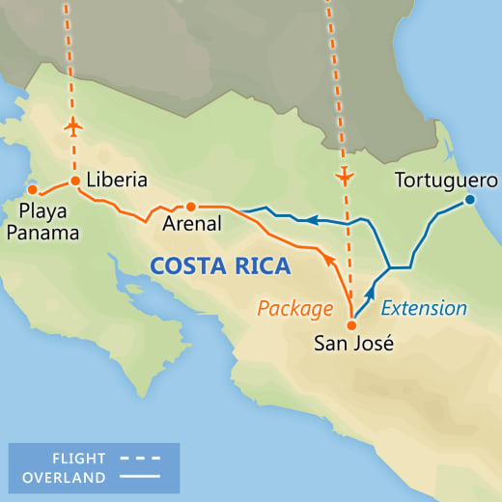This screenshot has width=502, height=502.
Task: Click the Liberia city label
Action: pyautogui.click(x=116, y=181)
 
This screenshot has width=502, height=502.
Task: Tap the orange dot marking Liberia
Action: pyautogui.click(x=74, y=181)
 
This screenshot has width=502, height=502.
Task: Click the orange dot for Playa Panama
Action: pyautogui.click(x=32, y=188)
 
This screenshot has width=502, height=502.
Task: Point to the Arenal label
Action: pyautogui.click(x=194, y=223)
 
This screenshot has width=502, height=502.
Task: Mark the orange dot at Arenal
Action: pyautogui.click(x=191, y=207)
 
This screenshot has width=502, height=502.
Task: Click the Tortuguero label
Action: pyautogui.click(x=446, y=181)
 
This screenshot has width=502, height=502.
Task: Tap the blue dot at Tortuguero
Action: pyautogui.click(x=470, y=200)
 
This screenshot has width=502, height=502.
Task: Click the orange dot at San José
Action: pyautogui.click(x=350, y=312)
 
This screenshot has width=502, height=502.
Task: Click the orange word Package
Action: pyautogui.click(x=294, y=309)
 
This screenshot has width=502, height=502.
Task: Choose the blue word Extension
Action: pyautogui.click(x=425, y=309)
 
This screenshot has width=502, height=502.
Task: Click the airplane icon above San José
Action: pyautogui.click(x=343, y=177)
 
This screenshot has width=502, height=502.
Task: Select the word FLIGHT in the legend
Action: pyautogui.click(x=80, y=459)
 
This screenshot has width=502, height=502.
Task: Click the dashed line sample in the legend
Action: pyautogui.click(x=140, y=459)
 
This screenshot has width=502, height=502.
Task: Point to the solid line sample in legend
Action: pyautogui.click(x=140, y=477)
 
